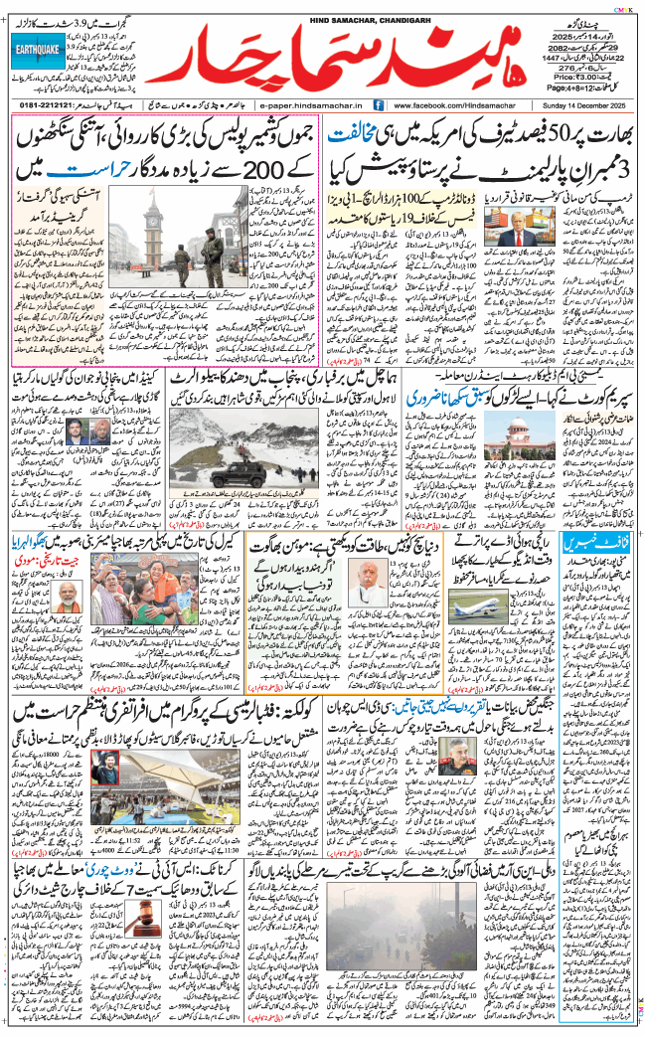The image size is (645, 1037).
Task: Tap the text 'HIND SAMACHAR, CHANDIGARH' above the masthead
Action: tap(323, 9)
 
